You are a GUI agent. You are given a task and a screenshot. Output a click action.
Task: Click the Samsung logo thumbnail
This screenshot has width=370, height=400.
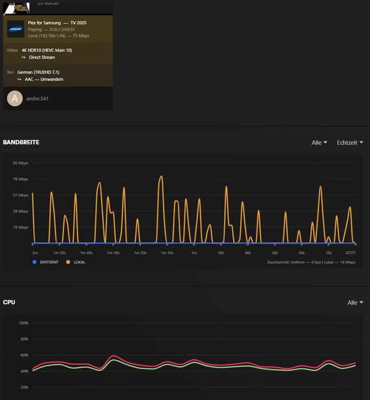(15, 29)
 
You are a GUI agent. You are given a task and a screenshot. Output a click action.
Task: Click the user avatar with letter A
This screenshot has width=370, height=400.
(15, 99)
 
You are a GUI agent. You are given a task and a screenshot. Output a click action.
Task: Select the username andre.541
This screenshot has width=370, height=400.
(38, 99)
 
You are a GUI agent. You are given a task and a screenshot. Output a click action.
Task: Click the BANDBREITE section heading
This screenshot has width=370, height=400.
(21, 143)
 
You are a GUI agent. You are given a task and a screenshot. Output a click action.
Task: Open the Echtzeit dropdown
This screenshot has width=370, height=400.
(350, 143)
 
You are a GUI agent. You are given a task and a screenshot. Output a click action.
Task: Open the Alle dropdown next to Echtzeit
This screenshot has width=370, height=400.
(319, 143)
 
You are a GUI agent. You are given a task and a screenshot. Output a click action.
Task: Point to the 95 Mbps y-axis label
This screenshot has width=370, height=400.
(20, 163)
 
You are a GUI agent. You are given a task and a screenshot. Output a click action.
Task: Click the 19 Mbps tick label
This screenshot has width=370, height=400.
(20, 227)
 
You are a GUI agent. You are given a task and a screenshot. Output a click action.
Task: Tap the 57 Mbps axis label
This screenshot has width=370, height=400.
(20, 195)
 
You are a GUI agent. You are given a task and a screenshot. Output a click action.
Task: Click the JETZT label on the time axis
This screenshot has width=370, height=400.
(350, 253)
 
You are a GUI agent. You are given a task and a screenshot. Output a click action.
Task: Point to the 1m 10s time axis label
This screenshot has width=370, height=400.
(167, 253)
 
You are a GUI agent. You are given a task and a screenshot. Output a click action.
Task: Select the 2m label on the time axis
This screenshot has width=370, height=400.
(35, 253)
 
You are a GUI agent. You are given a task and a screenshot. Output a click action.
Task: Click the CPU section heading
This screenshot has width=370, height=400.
(9, 302)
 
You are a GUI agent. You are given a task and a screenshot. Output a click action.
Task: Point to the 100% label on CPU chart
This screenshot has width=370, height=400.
(23, 323)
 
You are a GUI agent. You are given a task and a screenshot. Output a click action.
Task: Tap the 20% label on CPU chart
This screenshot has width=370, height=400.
(24, 387)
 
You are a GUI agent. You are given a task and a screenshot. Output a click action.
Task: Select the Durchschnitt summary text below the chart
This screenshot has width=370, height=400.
(311, 262)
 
